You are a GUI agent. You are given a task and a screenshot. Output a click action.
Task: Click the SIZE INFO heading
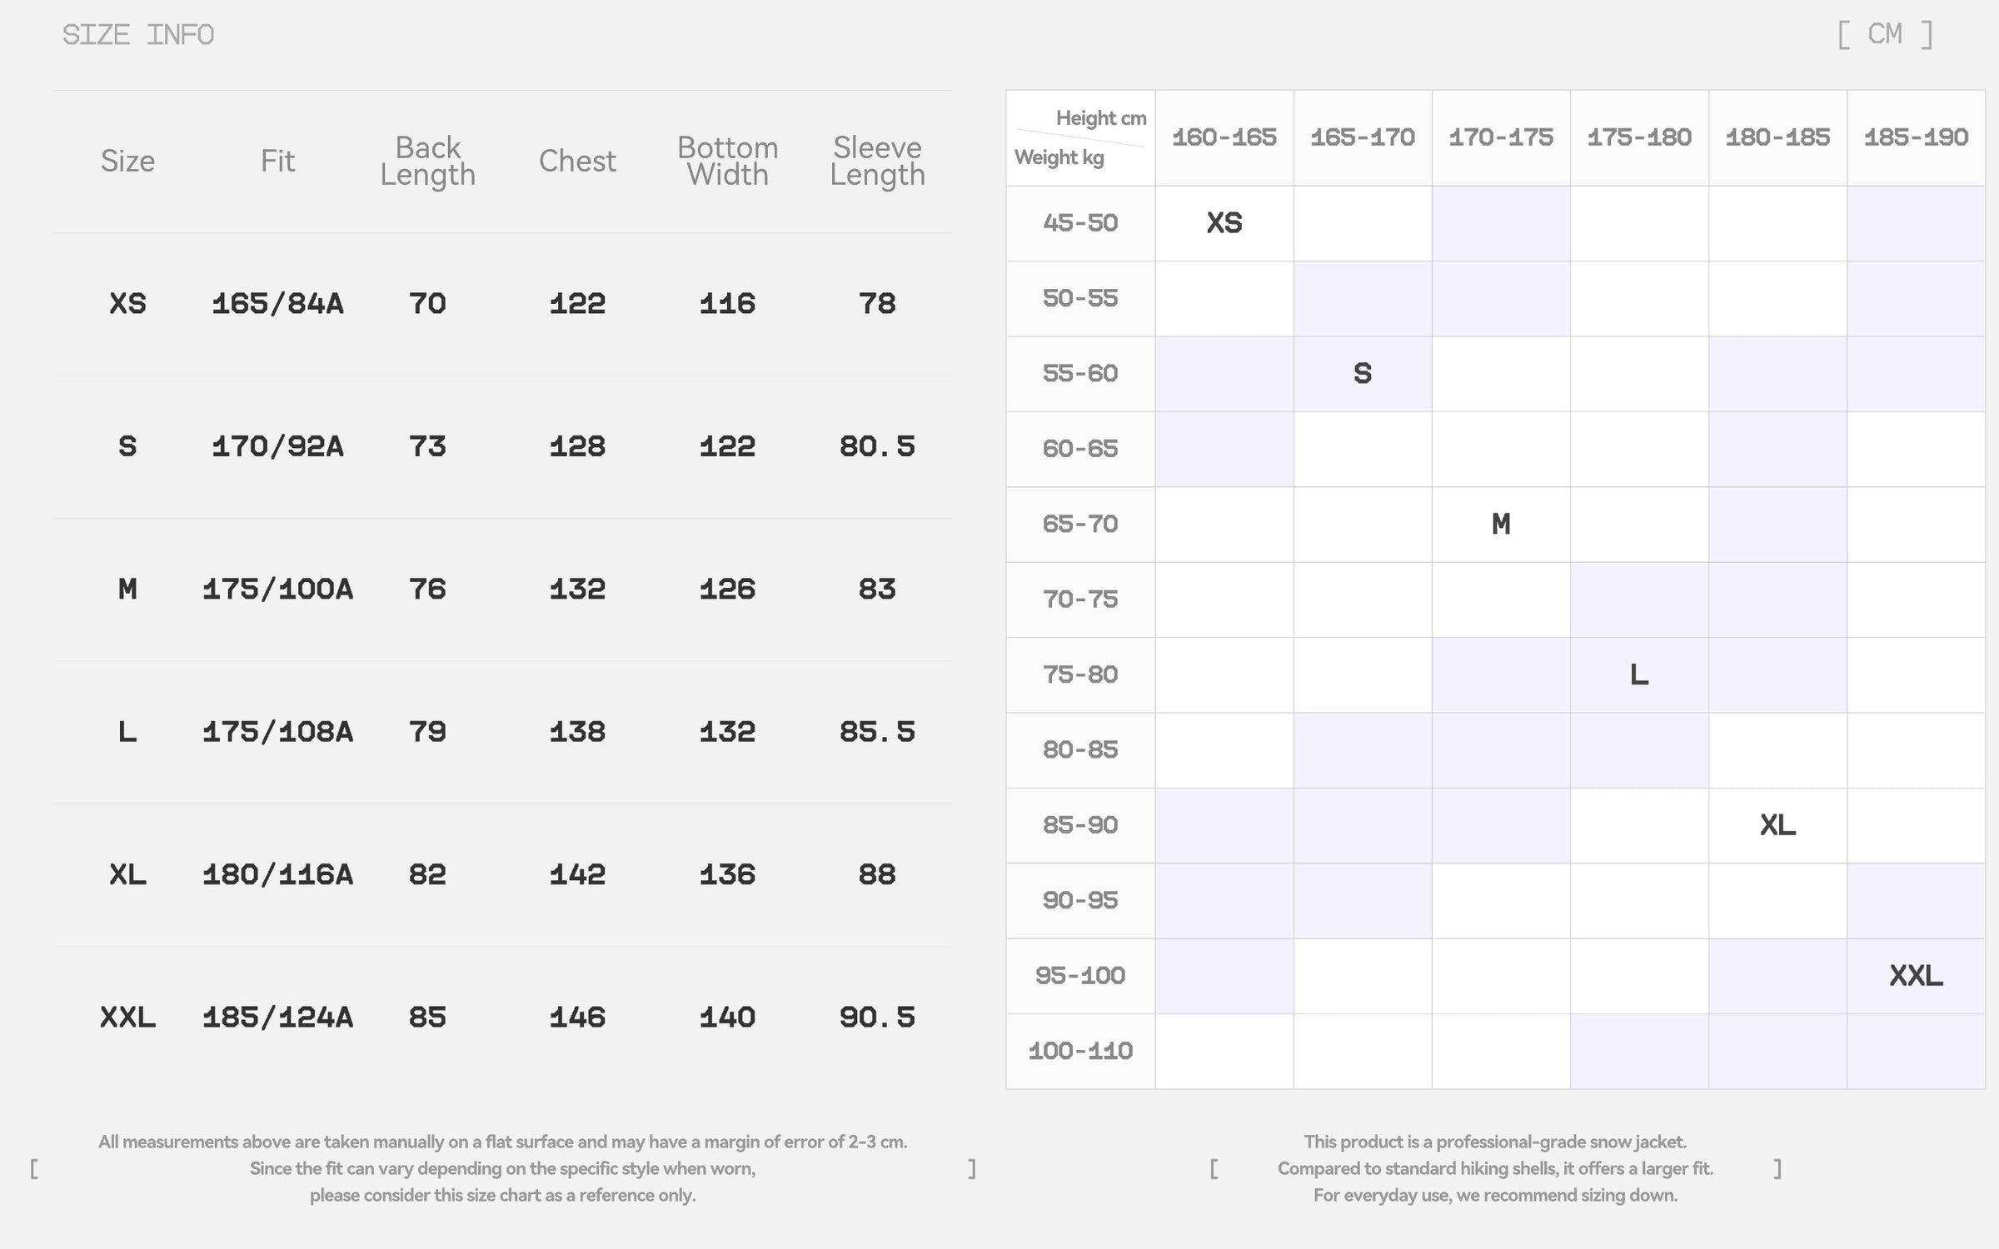tap(138, 35)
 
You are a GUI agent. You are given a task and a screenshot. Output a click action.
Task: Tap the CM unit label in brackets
tap(1885, 34)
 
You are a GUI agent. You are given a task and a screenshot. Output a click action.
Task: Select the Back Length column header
tap(427, 161)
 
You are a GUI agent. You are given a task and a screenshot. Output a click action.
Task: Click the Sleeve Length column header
tap(877, 161)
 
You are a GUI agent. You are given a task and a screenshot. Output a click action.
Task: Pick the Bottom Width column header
tap(727, 161)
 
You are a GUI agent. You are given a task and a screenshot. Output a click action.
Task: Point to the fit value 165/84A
tap(277, 304)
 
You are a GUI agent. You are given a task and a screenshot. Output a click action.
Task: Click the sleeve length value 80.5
tap(877, 446)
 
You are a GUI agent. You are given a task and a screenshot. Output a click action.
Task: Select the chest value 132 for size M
tap(577, 590)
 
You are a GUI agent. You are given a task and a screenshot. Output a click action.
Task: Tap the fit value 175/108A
tap(277, 732)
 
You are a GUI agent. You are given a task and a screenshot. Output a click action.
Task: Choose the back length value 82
tap(427, 874)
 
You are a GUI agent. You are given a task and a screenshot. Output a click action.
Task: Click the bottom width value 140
tap(727, 1018)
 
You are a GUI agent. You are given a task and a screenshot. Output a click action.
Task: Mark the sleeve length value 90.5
tap(877, 1018)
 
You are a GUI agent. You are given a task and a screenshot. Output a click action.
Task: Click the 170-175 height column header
tap(1501, 137)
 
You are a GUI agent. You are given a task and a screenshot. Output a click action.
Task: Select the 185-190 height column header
tap(1916, 137)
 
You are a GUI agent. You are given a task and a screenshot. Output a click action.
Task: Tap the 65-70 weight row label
tap(1080, 524)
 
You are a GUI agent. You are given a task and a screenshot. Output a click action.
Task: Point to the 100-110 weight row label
tap(1080, 1051)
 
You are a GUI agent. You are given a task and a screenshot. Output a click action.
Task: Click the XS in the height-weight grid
tap(1224, 223)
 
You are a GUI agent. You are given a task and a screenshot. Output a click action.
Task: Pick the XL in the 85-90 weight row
tap(1777, 825)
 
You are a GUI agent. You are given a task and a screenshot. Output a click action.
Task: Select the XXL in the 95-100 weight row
tap(1916, 976)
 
